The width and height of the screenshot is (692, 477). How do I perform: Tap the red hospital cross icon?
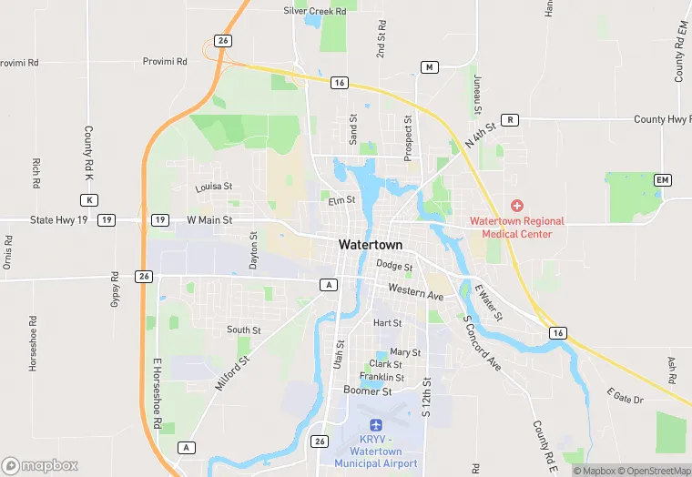(x=517, y=207)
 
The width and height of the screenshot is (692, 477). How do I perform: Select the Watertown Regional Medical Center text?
(x=517, y=228)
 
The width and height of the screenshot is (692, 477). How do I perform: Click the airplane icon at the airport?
(x=375, y=425)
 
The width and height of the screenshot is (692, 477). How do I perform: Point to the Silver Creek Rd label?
(x=315, y=11)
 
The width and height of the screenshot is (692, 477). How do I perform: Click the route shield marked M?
(x=431, y=67)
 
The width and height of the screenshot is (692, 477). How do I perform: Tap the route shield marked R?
(x=510, y=119)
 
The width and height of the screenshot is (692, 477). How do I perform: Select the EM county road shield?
(x=662, y=180)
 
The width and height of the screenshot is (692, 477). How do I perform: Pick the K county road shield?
(x=88, y=199)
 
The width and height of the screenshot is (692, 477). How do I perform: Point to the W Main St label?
(x=209, y=220)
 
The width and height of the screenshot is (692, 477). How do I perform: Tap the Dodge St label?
(x=395, y=266)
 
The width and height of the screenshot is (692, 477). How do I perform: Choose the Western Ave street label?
(x=415, y=292)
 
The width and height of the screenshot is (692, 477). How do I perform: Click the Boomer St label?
(x=367, y=391)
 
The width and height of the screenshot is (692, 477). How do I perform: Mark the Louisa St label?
(x=214, y=188)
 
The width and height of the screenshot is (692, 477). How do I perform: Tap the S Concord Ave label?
(x=482, y=343)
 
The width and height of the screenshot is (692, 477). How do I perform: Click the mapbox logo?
(x=41, y=465)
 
